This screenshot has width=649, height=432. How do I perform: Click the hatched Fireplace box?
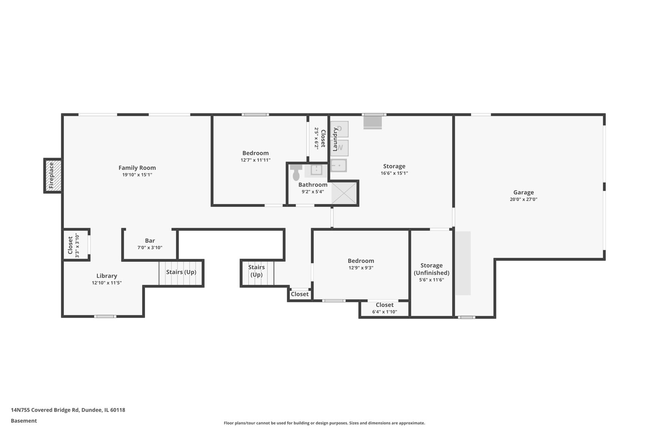coord(53,176)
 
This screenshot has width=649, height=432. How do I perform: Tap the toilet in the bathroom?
coord(296,172)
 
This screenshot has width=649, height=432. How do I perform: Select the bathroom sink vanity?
coord(316,170)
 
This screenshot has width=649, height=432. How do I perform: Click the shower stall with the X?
coord(344,193)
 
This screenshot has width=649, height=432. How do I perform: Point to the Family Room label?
coord(137,168)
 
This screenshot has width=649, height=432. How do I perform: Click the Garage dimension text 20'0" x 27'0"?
coord(524,199)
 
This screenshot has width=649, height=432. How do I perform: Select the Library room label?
coord(107,276)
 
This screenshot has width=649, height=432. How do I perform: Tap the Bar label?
coord(150,241)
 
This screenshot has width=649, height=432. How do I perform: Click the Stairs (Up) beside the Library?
coord(181,272)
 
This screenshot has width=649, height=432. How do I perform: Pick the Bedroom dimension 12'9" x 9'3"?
coord(361,268)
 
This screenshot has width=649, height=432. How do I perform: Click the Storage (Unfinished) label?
coord(431,269)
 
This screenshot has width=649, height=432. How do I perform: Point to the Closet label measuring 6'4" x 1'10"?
coord(385,305)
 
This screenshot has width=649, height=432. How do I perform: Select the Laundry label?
coord(335,140)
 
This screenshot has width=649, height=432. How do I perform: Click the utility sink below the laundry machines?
coord(339,166)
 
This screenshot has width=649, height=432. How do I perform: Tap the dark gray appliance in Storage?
coord(373,122)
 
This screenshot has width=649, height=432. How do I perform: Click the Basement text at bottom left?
coord(24,421)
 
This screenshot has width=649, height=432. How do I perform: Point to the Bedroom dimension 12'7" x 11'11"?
coord(256,160)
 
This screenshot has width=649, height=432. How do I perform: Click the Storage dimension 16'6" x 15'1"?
coord(394,173)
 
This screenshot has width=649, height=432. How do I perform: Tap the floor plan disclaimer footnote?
coord(324,423)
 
